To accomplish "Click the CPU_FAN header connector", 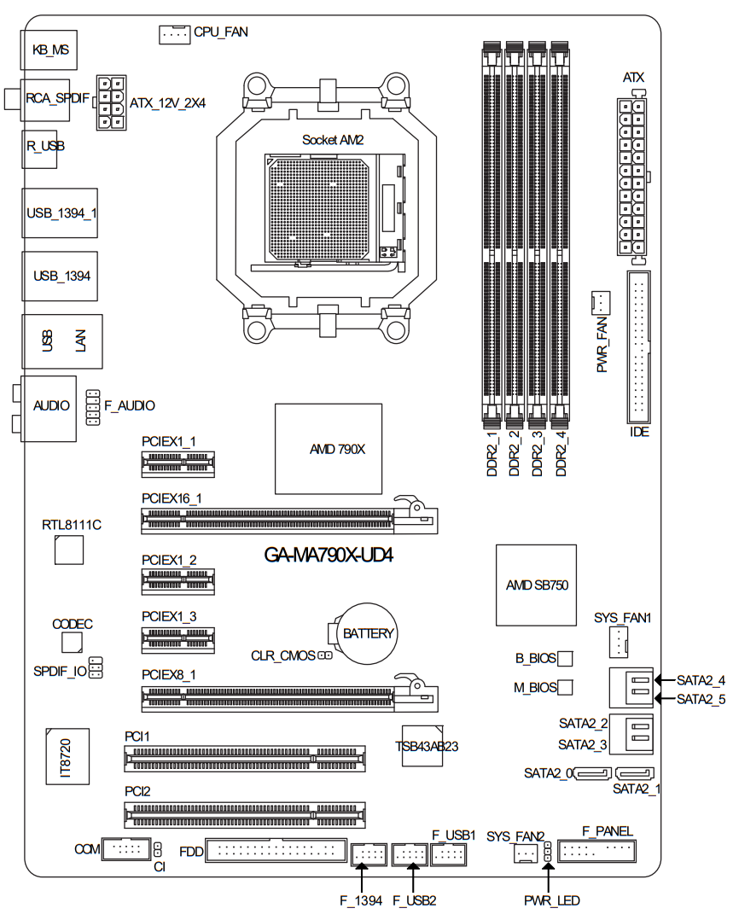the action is click(174, 34).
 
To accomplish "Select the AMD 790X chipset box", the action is click(328, 449).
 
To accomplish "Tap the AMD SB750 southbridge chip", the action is click(536, 585).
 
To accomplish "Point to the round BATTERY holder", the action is click(364, 633).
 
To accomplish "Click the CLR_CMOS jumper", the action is click(325, 655).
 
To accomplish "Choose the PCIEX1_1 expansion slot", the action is click(177, 464).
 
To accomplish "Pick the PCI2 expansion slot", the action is click(244, 815).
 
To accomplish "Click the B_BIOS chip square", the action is click(565, 658).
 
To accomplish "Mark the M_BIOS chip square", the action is click(565, 687).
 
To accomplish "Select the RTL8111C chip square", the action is click(68, 550).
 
